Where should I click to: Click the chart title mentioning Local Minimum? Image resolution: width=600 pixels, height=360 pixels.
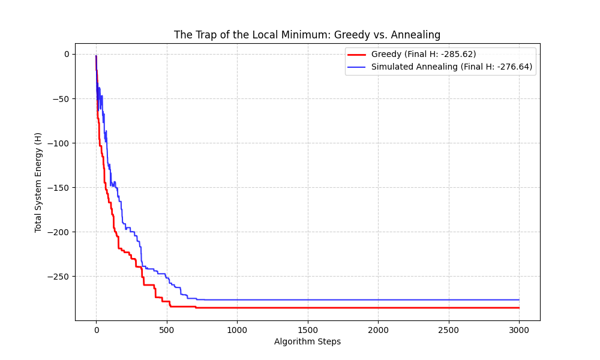(x=307, y=35)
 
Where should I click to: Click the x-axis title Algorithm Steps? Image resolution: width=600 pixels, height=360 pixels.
(x=307, y=342)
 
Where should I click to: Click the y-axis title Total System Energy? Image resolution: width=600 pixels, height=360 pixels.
(x=38, y=182)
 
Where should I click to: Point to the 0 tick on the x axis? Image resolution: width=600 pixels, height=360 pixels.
(x=96, y=329)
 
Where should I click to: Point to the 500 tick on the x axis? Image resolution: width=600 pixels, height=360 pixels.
(x=166, y=329)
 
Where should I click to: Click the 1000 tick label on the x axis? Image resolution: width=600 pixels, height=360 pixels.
(x=237, y=329)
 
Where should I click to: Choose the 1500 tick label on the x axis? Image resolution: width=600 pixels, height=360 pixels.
(x=307, y=329)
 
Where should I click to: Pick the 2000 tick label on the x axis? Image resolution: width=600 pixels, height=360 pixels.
(x=378, y=329)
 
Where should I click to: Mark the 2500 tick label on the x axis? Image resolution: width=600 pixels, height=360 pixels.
(x=448, y=329)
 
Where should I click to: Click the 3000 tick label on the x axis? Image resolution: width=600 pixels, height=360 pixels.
(x=519, y=329)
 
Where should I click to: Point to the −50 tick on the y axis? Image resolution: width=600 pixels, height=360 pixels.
(x=62, y=98)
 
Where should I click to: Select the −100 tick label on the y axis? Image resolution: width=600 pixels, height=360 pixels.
(x=59, y=143)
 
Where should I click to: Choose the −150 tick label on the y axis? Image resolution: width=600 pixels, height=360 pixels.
(x=59, y=187)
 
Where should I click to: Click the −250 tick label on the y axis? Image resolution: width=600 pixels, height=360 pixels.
(x=59, y=277)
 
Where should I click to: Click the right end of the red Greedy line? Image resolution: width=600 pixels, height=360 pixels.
(x=519, y=308)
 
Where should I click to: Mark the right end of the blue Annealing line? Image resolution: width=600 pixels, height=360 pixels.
(x=519, y=300)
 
